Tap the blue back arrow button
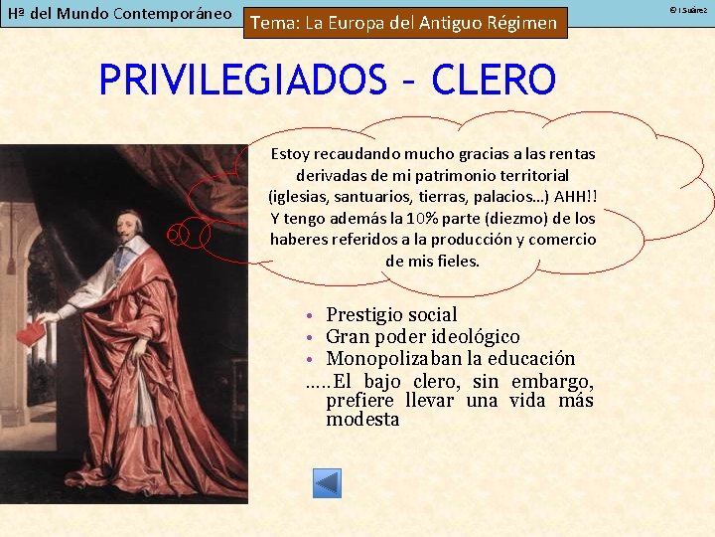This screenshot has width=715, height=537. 327,483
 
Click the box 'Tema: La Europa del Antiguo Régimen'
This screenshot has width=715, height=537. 405,23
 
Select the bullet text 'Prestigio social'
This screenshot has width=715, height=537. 391,315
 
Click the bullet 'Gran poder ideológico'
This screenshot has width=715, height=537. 422,337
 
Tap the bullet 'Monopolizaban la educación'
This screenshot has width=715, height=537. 450,358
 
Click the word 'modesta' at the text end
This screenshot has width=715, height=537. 362,420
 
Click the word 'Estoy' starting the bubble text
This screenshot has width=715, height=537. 290,154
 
